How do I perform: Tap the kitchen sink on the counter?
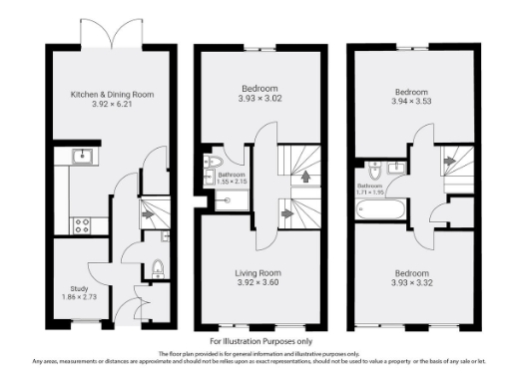click(x=82, y=156)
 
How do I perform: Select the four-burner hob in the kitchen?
click(x=82, y=224)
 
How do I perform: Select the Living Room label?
click(x=256, y=272)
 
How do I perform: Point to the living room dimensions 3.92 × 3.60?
click(x=256, y=282)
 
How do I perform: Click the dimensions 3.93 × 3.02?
click(x=256, y=97)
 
